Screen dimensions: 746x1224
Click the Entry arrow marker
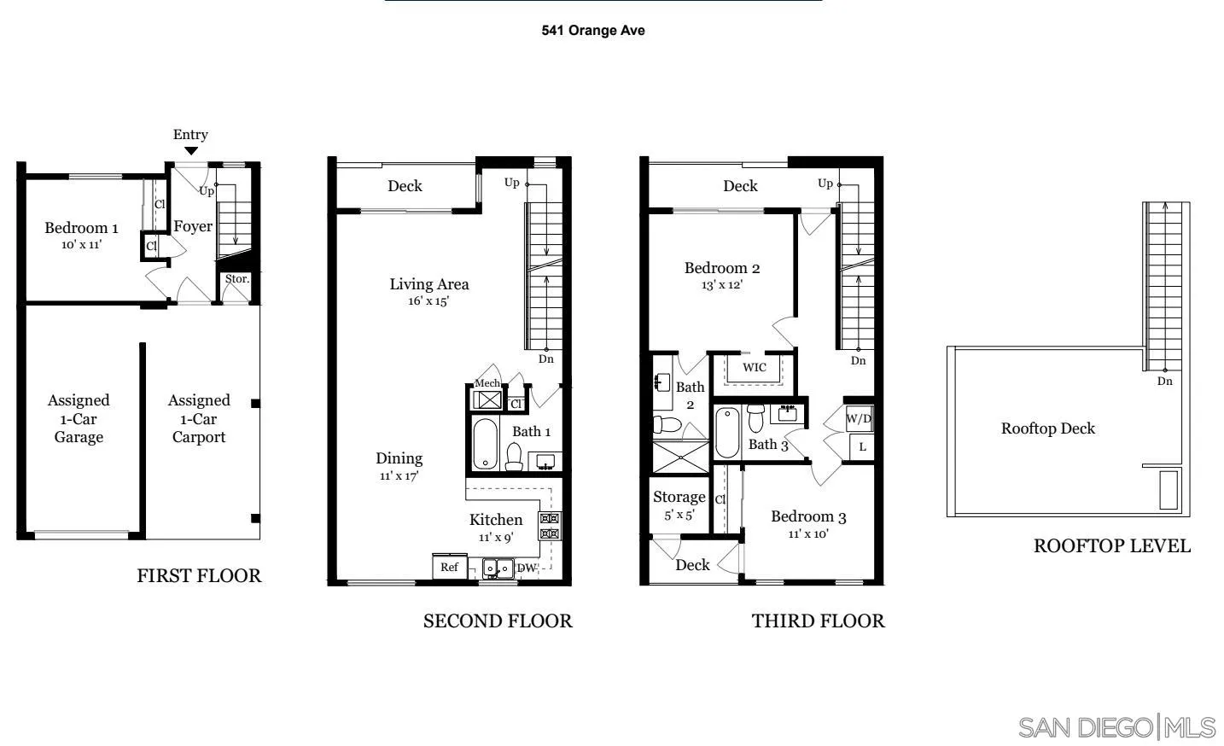[191, 151]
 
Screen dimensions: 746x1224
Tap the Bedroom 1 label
[81, 228]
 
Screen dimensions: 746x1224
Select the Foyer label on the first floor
[193, 227]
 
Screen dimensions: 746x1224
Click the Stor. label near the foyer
[236, 279]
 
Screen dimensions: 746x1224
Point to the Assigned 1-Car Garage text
[79, 419]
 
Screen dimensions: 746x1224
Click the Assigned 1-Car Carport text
[199, 419]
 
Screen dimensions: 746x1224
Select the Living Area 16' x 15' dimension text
[428, 301]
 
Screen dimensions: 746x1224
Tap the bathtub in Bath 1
[485, 443]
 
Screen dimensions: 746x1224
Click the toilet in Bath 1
[514, 457]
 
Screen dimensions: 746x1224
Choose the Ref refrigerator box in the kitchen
[449, 567]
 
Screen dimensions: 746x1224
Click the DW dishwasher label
[527, 568]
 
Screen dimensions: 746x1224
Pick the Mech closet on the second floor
[487, 398]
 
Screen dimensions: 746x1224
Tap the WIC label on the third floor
[755, 368]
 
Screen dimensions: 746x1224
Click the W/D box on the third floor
[859, 419]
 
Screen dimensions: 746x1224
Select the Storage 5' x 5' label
[679, 505]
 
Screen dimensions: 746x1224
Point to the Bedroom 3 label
[808, 517]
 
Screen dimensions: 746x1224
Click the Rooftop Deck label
[1047, 428]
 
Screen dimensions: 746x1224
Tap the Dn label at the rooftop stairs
[1164, 382]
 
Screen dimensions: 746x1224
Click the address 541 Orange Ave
[593, 31]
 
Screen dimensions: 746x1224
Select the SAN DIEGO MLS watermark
[1117, 727]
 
